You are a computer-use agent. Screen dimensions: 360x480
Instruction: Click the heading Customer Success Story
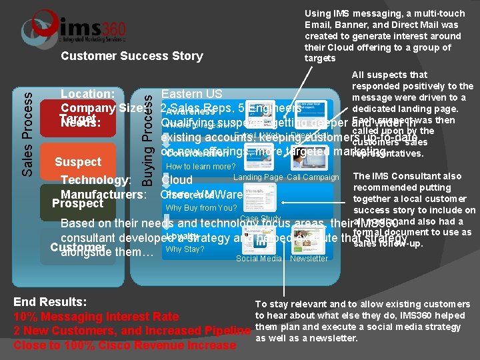[x=131, y=56]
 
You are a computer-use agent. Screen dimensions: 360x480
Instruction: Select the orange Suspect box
[x=79, y=162]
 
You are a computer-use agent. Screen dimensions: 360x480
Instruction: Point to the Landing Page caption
[x=258, y=177]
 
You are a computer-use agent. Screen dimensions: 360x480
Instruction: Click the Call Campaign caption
[x=313, y=177]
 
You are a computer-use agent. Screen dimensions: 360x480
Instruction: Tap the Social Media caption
[x=258, y=259]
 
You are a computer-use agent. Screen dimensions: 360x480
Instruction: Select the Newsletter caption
[x=309, y=259]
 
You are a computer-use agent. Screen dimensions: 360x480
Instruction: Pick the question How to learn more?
[x=201, y=167]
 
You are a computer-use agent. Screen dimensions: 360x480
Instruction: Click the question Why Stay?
[x=185, y=249]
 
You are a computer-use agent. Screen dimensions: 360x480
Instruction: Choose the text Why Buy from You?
[x=201, y=208]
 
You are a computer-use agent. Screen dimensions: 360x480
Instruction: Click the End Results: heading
[x=50, y=301]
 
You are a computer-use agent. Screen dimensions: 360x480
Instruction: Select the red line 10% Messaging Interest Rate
[x=96, y=317]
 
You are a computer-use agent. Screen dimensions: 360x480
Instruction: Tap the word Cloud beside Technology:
[x=177, y=180]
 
